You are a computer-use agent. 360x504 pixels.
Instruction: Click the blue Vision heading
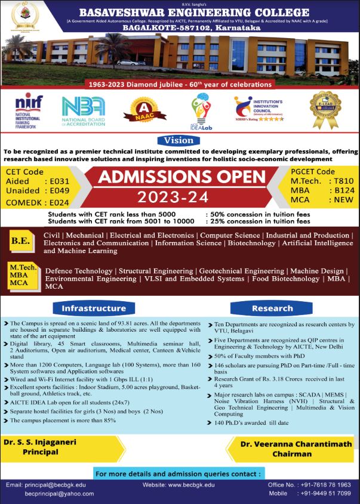click(x=179, y=141)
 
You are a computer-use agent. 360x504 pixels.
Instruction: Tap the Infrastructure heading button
click(x=94, y=308)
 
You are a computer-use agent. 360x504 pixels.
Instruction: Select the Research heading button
click(x=272, y=308)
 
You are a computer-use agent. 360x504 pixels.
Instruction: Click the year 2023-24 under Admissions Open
click(x=180, y=196)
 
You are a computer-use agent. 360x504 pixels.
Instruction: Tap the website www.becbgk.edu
click(x=179, y=485)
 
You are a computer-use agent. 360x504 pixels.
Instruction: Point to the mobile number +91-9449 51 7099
click(x=325, y=494)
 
